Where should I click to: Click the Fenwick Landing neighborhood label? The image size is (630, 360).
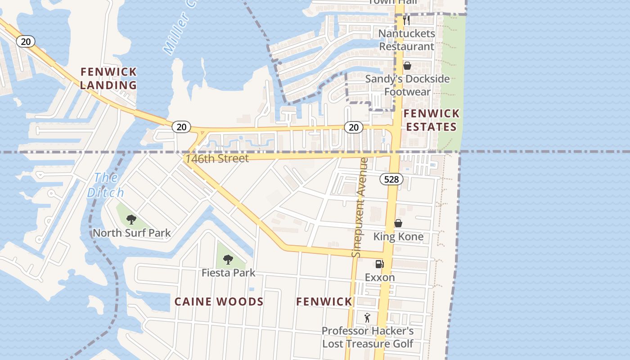pyautogui.click(x=108, y=78)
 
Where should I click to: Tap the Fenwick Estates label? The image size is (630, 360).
pyautogui.click(x=431, y=120)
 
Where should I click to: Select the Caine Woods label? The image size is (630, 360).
pyautogui.click(x=219, y=301)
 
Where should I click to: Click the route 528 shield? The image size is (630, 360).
pyautogui.click(x=391, y=179)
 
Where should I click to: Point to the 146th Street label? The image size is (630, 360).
pyautogui.click(x=217, y=158)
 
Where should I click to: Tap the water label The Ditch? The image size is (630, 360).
pyautogui.click(x=105, y=185)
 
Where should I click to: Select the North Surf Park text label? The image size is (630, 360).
pyautogui.click(x=131, y=233)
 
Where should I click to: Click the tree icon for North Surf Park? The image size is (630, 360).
pyautogui.click(x=131, y=220)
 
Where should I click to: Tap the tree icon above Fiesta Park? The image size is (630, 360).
pyautogui.click(x=228, y=260)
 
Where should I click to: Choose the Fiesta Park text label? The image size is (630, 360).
pyautogui.click(x=228, y=273)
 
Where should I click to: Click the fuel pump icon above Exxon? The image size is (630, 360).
pyautogui.click(x=380, y=264)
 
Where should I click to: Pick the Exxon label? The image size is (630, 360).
pyautogui.click(x=380, y=277)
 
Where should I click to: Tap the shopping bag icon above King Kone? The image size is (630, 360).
pyautogui.click(x=398, y=223)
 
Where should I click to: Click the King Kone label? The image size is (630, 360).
pyautogui.click(x=398, y=237)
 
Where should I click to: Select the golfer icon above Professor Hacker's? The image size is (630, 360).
pyautogui.click(x=367, y=318)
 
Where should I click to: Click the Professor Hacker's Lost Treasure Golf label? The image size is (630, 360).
pyautogui.click(x=367, y=337)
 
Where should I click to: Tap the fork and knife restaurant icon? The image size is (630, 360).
pyautogui.click(x=406, y=20)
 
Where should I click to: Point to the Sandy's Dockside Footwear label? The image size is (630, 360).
pyautogui.click(x=407, y=85)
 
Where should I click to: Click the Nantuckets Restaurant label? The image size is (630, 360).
pyautogui.click(x=406, y=40)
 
